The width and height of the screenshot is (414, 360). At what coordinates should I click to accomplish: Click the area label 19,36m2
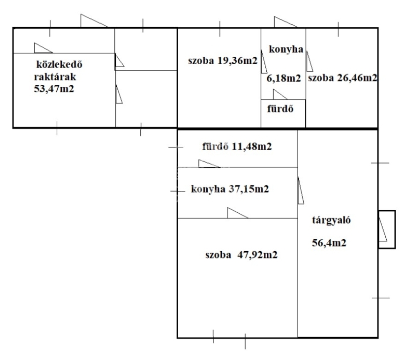(x=237, y=61)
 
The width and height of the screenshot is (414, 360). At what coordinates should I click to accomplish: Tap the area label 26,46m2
(x=357, y=78)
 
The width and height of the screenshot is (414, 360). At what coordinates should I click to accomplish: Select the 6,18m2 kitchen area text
(x=284, y=78)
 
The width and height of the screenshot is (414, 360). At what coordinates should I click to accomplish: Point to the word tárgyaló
(x=331, y=220)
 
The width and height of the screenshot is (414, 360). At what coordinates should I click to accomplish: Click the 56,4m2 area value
(x=329, y=243)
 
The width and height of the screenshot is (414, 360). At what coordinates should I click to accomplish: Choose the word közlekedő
(x=59, y=64)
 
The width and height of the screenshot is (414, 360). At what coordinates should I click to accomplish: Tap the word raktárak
(x=55, y=77)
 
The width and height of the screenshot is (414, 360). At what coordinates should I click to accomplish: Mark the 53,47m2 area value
(x=54, y=89)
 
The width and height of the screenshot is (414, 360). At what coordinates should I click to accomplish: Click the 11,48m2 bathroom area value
(x=252, y=146)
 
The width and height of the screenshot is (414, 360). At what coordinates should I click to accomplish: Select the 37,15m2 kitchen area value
(x=248, y=189)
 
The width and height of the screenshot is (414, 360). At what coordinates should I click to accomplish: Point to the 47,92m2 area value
(x=257, y=255)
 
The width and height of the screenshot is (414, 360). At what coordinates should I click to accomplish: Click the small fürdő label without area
(x=280, y=109)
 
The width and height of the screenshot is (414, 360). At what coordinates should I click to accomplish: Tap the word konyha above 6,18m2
(x=286, y=49)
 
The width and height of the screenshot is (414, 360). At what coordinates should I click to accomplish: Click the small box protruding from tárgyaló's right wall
(x=387, y=229)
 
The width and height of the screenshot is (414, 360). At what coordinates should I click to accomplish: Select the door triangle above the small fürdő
(x=280, y=94)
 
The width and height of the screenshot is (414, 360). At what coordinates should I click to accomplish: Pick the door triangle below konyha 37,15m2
(x=237, y=213)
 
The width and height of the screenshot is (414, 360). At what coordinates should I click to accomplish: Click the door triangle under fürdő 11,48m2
(x=209, y=164)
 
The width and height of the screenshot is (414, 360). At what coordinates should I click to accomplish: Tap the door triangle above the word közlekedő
(x=43, y=48)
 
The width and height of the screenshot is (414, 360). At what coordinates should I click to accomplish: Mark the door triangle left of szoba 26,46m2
(x=309, y=61)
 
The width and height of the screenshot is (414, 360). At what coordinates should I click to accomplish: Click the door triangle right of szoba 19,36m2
(x=264, y=61)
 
